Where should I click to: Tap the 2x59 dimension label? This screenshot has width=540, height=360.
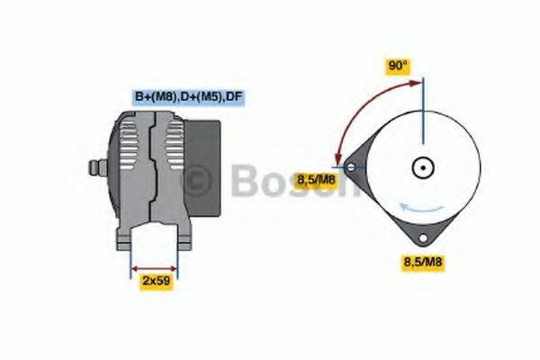pyautogui.click(x=156, y=281)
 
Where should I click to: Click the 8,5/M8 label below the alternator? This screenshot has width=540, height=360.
pyautogui.click(x=423, y=262)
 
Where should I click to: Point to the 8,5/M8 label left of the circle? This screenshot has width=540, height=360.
pyautogui.click(x=316, y=181)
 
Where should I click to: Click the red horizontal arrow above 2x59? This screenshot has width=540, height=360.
pyautogui.click(x=155, y=267)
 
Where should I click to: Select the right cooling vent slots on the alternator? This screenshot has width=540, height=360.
pyautogui.click(x=171, y=153)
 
